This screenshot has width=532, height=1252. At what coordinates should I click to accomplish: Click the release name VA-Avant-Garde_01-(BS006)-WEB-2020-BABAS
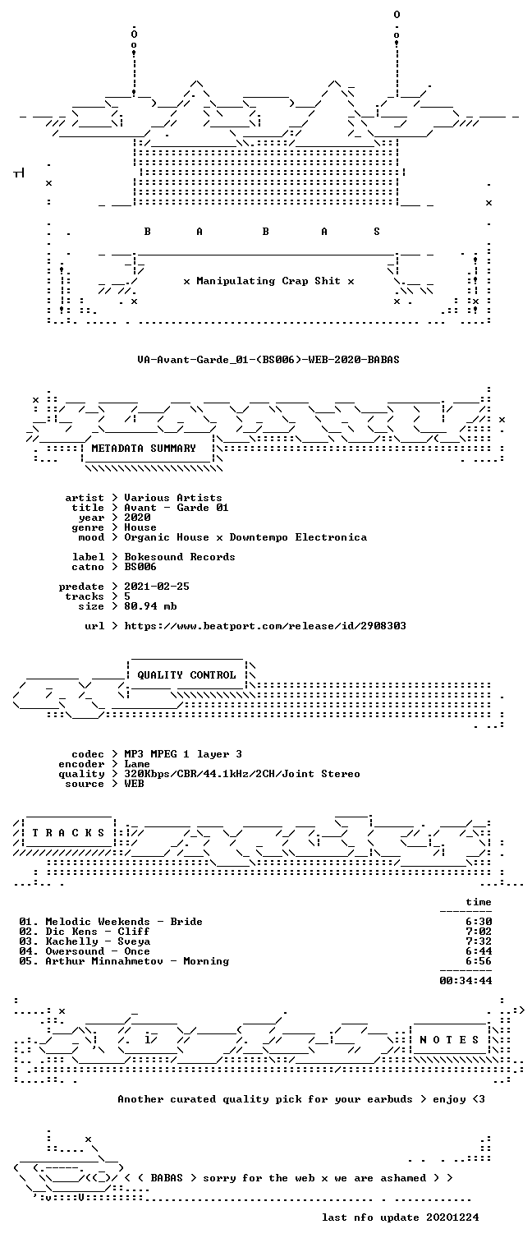[x=268, y=359]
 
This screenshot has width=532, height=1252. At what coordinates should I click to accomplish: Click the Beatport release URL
[x=265, y=626]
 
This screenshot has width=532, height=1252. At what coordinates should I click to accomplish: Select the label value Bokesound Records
[x=179, y=557]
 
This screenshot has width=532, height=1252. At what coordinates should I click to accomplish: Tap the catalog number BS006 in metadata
[x=140, y=567]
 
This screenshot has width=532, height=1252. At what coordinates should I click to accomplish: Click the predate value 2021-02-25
[x=157, y=587]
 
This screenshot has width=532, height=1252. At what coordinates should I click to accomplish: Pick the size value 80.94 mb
[x=150, y=606]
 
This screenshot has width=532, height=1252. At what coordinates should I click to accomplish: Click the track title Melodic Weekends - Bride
[x=123, y=922]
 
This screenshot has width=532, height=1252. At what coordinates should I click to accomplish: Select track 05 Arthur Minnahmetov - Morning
[x=124, y=961]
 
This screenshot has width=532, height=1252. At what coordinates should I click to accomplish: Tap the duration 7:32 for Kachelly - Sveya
[x=479, y=941]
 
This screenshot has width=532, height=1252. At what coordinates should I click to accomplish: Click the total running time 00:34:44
[x=465, y=980]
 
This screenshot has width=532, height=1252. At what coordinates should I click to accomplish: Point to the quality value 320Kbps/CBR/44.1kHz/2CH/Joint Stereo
[x=242, y=774]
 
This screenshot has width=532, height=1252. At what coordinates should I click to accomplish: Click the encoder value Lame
[x=137, y=764]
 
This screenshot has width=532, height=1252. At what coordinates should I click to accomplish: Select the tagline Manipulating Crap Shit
[x=268, y=281]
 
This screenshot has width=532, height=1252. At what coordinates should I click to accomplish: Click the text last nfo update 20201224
[x=400, y=1217]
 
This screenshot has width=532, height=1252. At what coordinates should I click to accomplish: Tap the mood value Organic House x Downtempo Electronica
[x=245, y=537]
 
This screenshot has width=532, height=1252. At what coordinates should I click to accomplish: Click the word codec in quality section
[x=88, y=754]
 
